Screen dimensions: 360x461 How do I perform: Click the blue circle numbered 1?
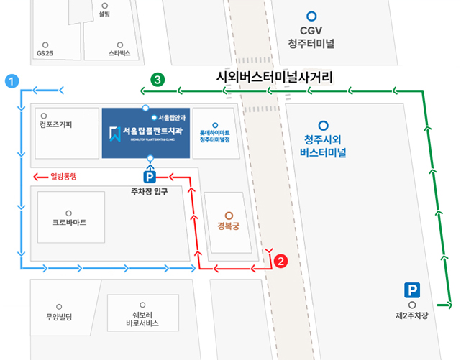tap(11, 80)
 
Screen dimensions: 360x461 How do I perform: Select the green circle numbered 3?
tap(157, 79)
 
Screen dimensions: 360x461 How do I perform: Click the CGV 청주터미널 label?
tap(311, 37)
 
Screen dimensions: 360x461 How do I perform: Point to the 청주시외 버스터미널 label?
tap(324, 145)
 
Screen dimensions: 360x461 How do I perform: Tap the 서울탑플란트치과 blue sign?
tap(146, 132)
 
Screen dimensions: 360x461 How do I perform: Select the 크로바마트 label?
tap(69, 222)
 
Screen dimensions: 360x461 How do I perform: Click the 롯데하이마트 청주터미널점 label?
tap(214, 137)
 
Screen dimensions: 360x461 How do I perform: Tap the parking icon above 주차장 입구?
tap(150, 176)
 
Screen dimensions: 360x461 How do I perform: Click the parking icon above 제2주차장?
tap(411, 291)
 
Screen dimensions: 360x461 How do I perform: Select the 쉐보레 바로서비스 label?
tap(141, 319)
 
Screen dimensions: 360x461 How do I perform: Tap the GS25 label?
tap(45, 53)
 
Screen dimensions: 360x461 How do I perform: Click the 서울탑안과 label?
tap(172, 116)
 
